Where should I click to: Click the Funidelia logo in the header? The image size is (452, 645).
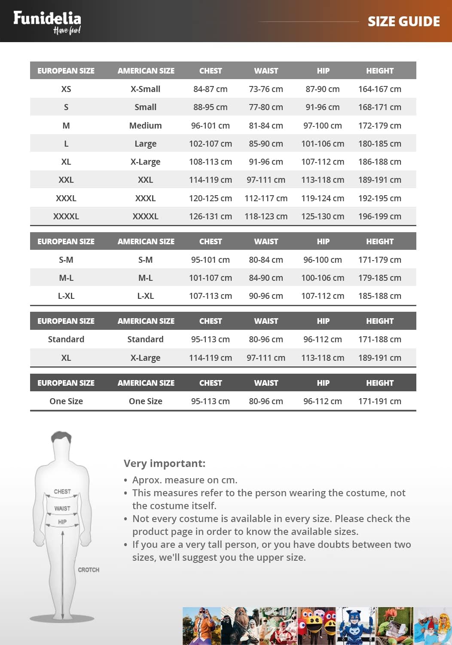coord(47,21)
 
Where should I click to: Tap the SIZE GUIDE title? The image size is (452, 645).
coord(403,21)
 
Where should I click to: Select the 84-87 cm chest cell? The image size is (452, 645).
coord(210,89)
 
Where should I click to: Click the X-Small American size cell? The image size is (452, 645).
coord(145,89)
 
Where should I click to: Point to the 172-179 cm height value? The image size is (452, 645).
coord(379,126)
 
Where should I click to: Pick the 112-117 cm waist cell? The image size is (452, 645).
coord(266,198)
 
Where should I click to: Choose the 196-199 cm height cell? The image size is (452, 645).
coord(379,216)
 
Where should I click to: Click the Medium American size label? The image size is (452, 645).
coord(145,126)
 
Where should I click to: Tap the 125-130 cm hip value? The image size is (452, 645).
coord(322,216)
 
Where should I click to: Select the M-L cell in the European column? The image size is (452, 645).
coord(66,278)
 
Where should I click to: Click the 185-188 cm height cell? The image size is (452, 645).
coord(379,296)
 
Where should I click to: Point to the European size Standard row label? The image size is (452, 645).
coord(66,339)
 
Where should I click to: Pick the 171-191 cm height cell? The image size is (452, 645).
coord(379,401)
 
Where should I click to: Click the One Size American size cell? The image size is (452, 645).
coord(145,401)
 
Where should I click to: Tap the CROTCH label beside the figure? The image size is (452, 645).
coord(89,570)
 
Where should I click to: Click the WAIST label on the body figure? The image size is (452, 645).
coord(62,508)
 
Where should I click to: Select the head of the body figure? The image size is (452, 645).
coord(61,443)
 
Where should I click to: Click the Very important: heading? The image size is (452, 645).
coord(165,463)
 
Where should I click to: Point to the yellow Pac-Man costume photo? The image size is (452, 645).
coord(317,626)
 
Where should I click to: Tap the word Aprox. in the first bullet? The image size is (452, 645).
coord(147,480)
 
